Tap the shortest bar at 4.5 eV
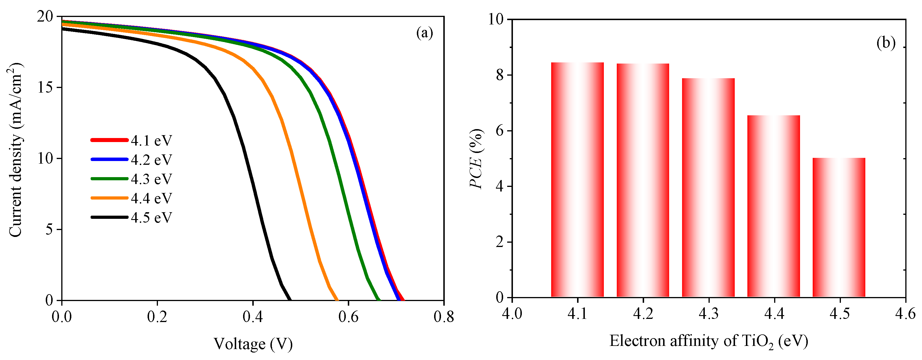point(839,227)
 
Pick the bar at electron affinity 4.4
point(774,206)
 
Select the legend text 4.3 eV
point(151,179)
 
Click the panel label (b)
point(886,43)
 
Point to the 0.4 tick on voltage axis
point(253,316)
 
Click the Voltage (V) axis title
point(253,344)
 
